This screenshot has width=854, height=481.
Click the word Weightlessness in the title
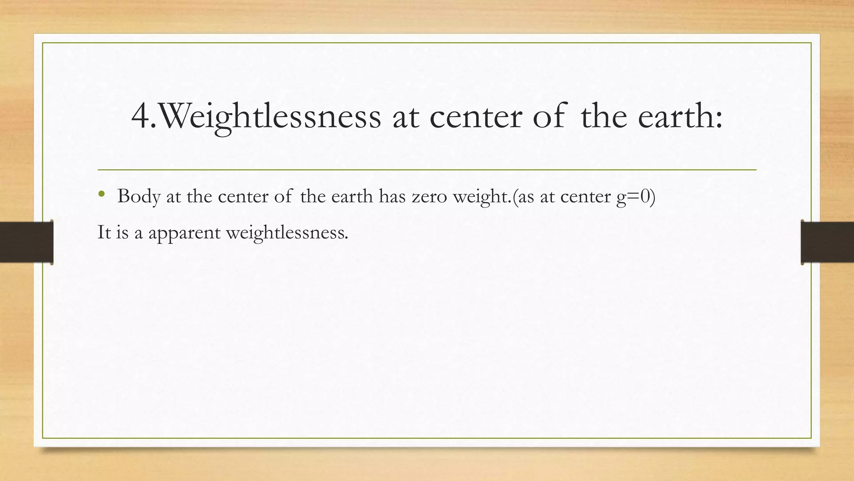pos(270,116)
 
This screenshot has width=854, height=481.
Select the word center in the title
pos(476,116)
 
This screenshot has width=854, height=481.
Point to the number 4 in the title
pos(141,116)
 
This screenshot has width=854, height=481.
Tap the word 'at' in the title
pos(406,116)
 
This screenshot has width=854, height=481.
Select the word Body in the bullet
pos(138,196)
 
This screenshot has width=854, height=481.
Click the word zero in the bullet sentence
pos(430,196)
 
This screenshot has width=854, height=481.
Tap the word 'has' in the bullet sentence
pos(392,196)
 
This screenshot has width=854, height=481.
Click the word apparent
pos(184,233)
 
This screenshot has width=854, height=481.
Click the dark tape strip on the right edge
pos(827,242)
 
